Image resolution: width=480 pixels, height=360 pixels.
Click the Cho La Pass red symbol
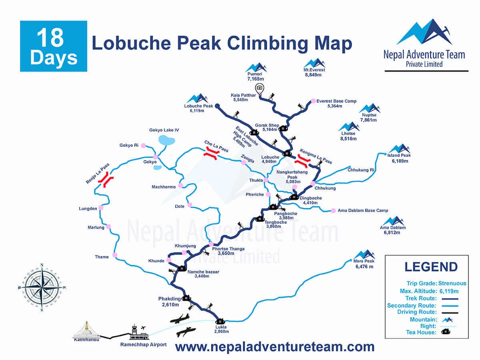point(210,154)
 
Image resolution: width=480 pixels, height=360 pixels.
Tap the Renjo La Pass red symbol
point(106,180)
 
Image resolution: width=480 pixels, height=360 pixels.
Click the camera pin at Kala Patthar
point(260,88)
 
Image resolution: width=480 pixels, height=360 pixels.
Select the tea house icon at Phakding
point(186,298)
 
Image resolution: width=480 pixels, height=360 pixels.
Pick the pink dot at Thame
point(115,255)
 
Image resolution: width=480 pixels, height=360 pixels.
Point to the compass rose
point(42,287)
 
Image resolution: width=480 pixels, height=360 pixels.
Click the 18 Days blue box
point(53,46)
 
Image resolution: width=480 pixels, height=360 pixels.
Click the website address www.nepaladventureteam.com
point(275,346)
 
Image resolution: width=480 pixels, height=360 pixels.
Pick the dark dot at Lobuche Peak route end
point(218,106)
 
